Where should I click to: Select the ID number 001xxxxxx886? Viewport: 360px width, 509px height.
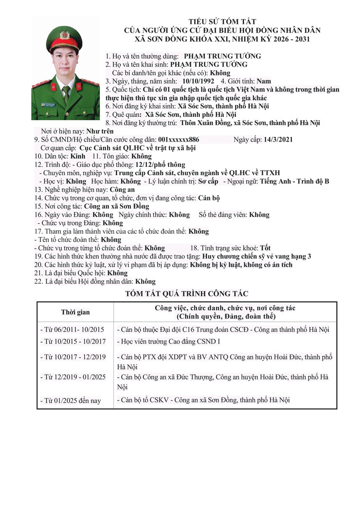[179, 140]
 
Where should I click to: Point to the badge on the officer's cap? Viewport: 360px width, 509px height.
[64, 36]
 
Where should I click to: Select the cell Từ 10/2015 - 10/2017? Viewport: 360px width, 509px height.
[72, 342]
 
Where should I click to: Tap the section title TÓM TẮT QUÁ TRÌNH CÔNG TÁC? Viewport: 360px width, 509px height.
[187, 293]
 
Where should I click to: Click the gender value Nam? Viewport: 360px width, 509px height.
[264, 81]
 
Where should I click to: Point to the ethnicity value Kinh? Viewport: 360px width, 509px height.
[77, 156]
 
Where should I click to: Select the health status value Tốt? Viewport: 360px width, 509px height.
[265, 248]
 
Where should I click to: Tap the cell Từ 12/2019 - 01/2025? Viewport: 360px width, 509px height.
[72, 377]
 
